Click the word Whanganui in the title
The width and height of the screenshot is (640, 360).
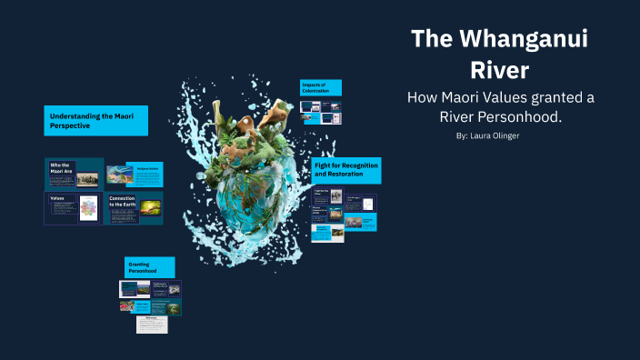coord(516,39)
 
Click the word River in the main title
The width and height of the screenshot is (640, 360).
coord(499,70)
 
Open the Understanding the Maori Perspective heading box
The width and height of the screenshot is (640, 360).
coord(96,121)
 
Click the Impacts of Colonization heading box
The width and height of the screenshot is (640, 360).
coord(321,87)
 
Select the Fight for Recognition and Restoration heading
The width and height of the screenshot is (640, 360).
coord(345,170)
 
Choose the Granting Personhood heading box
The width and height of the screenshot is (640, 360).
coord(149,267)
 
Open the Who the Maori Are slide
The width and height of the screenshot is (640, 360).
coord(72,173)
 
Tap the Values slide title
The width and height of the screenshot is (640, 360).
coord(58,197)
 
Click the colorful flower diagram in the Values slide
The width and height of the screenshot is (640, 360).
coord(88,210)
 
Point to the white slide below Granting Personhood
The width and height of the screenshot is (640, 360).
coord(152,324)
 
